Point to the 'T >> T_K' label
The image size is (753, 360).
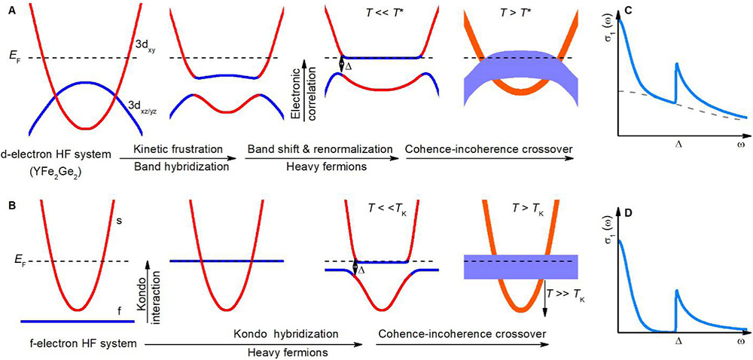(569, 296)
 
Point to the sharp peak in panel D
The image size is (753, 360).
(676, 291)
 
